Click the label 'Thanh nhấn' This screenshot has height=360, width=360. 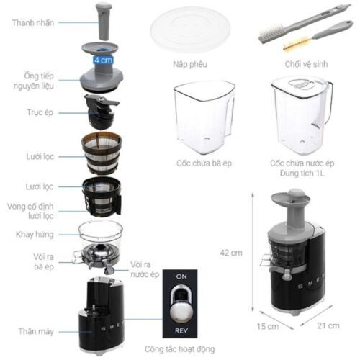click(33, 22)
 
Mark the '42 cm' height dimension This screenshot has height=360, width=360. click(230, 253)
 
